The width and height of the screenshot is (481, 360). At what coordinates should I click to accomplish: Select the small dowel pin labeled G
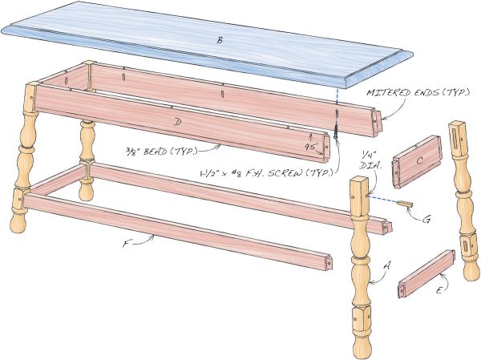405,204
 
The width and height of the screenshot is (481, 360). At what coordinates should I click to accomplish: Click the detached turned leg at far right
464,200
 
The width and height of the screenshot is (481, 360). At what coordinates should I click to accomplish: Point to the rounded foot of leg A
361,346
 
